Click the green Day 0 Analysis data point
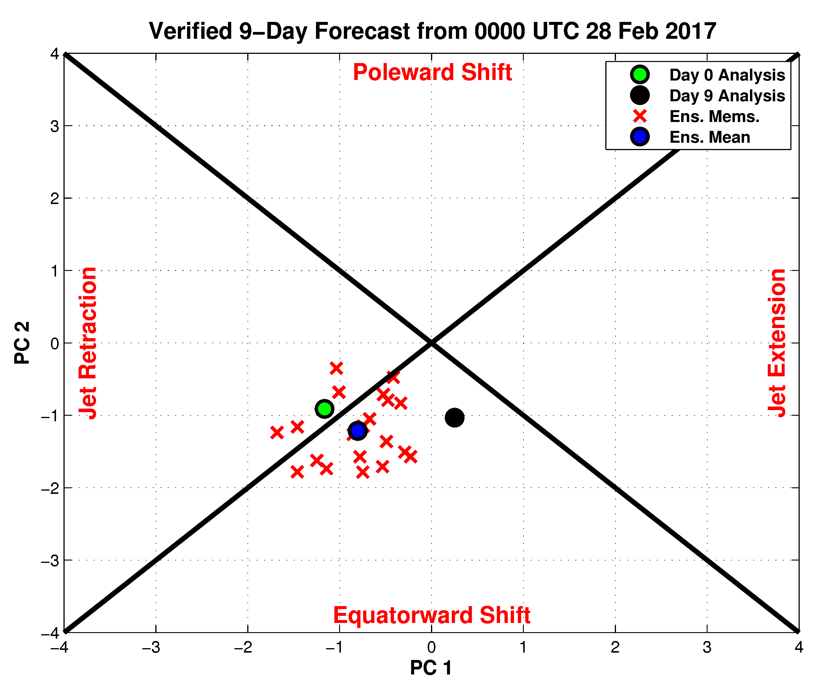pyautogui.click(x=324, y=409)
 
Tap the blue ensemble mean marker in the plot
pyautogui.click(x=357, y=431)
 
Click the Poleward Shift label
pyautogui.click(x=432, y=72)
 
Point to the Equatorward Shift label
pyautogui.click(x=432, y=615)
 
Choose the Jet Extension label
pyautogui.click(x=777, y=343)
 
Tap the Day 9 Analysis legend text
pyautogui.click(x=727, y=96)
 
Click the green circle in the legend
pyautogui.click(x=640, y=75)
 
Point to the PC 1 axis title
pyautogui.click(x=431, y=667)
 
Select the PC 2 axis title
pyautogui.click(x=22, y=343)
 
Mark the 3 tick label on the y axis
pyautogui.click(x=55, y=126)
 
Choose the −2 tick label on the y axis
pyautogui.click(x=50, y=488)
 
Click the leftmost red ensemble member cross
pyautogui.click(x=277, y=433)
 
